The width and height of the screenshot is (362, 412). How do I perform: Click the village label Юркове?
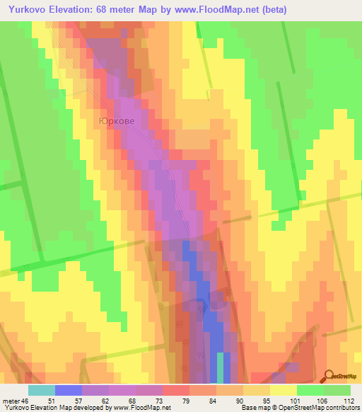pos(116,121)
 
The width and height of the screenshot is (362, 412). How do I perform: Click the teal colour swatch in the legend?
pos(41,390)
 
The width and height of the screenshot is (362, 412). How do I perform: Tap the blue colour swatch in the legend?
pos(68,390)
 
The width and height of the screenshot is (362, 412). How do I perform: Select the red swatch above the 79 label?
pos(175,390)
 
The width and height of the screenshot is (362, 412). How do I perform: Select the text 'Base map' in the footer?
pos(255,408)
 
